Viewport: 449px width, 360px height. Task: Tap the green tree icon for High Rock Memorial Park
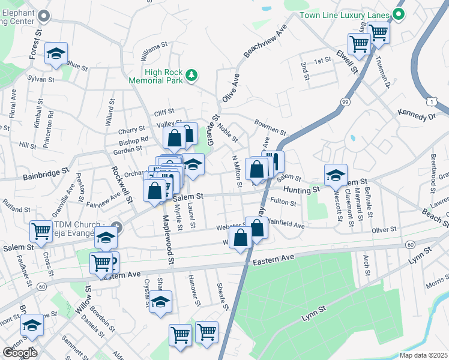click(191, 75)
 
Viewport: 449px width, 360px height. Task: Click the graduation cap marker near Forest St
click(56, 55)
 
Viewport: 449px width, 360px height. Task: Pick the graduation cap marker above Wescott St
click(336, 175)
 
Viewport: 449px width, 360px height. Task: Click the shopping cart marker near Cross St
click(41, 230)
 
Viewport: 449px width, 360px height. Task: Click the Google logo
click(20, 353)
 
